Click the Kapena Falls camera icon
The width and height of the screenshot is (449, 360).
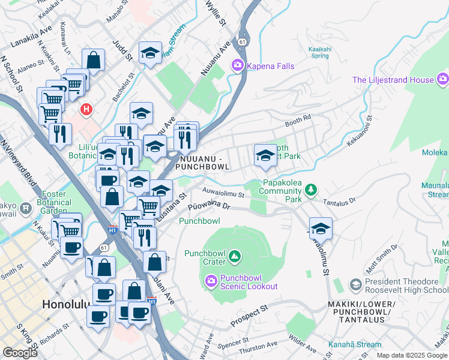(x=238, y=65)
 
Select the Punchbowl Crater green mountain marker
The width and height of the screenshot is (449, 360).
(x=235, y=257)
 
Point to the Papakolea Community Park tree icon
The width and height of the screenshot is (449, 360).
(x=310, y=190)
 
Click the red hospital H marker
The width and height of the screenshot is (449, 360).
(x=87, y=109)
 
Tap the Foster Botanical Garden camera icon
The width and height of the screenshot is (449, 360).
(x=25, y=208)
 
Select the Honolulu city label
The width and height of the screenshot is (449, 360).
(x=66, y=304)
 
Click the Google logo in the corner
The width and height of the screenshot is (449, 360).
(x=20, y=352)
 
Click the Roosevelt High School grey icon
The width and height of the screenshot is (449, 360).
(x=355, y=283)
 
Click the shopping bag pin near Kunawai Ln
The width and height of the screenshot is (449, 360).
(x=93, y=60)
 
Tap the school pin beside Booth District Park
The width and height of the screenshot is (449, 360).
(x=265, y=156)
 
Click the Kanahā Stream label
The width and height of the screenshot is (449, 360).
(x=355, y=344)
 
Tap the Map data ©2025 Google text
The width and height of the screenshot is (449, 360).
(x=411, y=355)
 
